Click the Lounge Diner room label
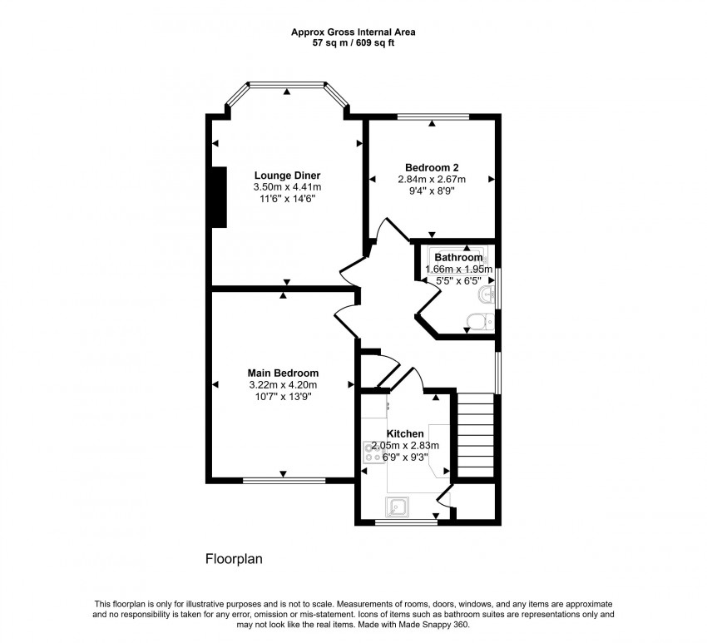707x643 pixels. click(287, 175)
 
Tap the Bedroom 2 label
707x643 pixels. click(432, 166)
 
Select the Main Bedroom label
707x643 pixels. click(283, 373)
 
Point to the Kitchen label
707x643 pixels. click(405, 433)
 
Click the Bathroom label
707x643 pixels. click(458, 258)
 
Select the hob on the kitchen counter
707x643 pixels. click(372, 453)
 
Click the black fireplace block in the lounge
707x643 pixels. click(220, 196)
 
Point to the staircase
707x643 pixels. click(477, 435)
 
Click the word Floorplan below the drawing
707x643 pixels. click(234, 559)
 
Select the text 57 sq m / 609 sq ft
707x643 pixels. click(353, 42)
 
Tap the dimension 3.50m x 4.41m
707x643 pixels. click(287, 187)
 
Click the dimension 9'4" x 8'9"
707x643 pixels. click(432, 190)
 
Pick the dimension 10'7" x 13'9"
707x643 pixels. click(283, 397)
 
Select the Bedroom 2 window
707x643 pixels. click(433, 116)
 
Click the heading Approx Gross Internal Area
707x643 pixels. click(353, 32)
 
